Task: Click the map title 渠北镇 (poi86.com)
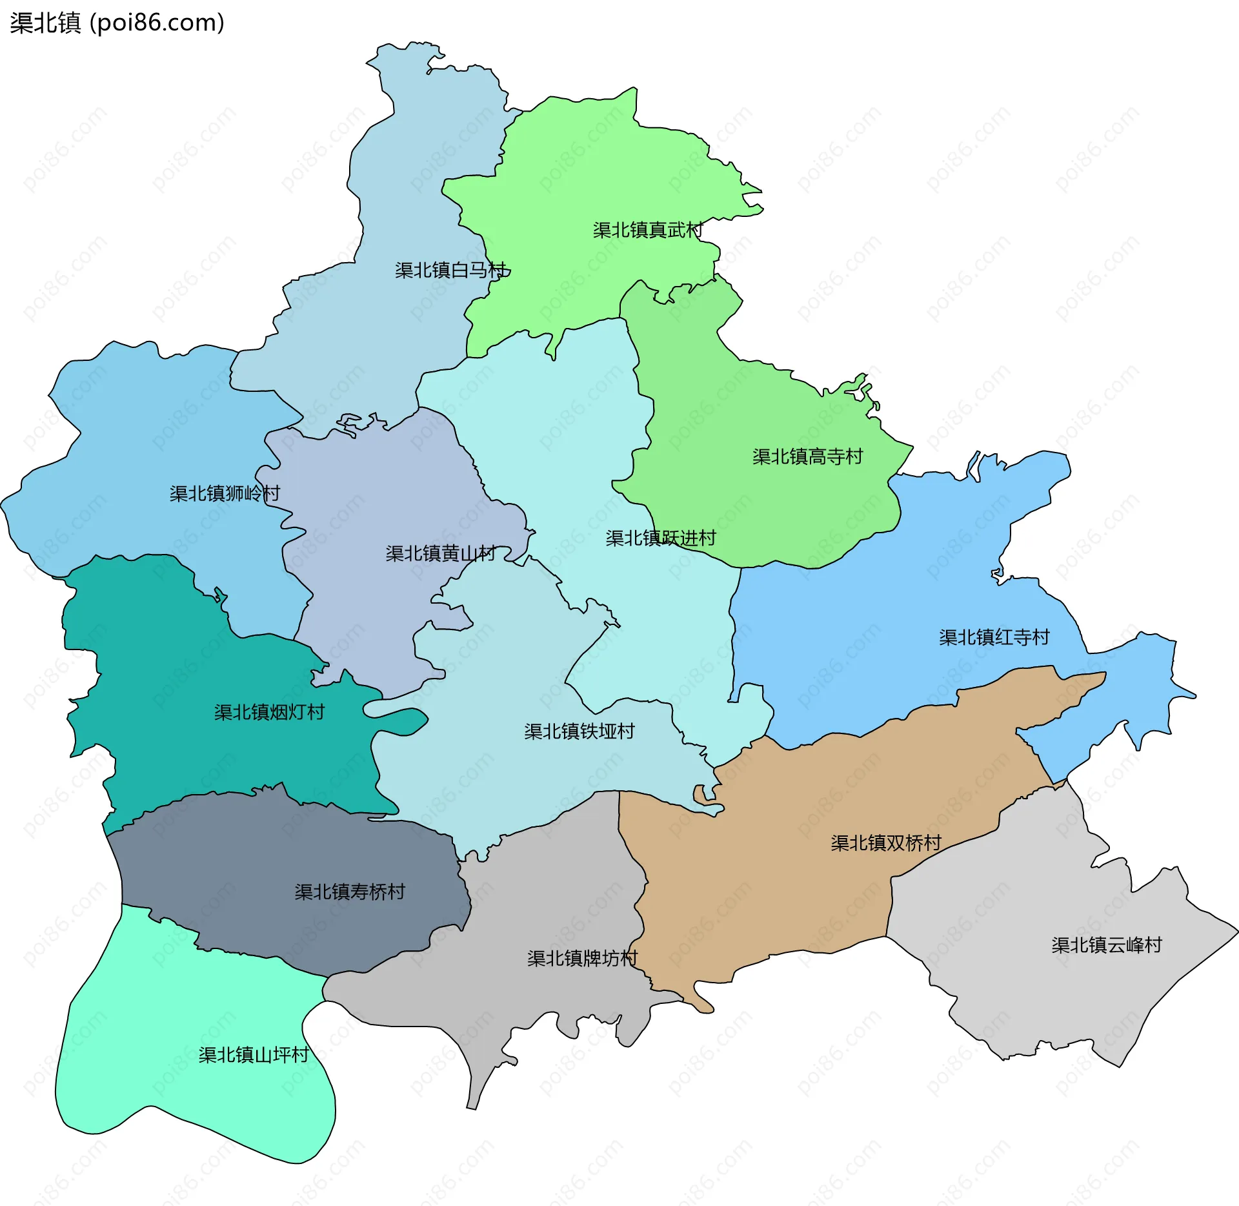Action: click(117, 23)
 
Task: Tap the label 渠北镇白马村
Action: click(451, 270)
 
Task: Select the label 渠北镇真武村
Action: click(647, 230)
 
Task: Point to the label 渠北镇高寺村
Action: click(807, 456)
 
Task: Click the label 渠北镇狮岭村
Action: click(225, 493)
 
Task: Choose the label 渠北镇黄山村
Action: click(441, 553)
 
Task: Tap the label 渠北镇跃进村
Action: click(660, 538)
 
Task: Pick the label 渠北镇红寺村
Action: click(994, 637)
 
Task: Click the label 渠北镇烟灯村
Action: click(269, 712)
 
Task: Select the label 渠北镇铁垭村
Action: click(579, 731)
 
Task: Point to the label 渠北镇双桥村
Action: click(885, 843)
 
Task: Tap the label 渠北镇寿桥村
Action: click(349, 892)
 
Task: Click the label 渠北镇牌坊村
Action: click(582, 958)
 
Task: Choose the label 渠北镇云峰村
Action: click(1106, 945)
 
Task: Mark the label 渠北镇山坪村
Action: click(254, 1055)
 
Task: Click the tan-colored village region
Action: click(774, 891)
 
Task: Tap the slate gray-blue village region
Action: click(258, 865)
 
